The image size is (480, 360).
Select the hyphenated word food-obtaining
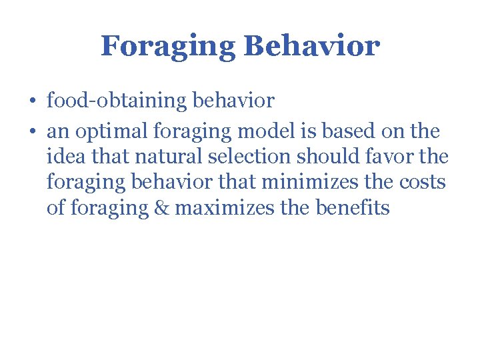point(117,101)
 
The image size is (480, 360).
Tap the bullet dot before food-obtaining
point(33,101)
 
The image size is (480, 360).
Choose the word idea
point(65,158)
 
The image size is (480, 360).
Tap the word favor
point(391,158)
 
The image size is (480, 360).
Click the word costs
point(423,183)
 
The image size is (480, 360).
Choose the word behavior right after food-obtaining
point(233,101)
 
